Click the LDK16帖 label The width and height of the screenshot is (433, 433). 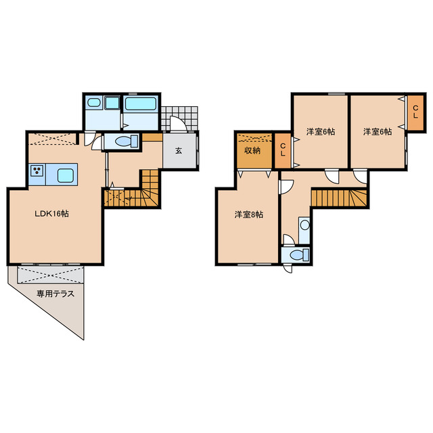click(51, 214)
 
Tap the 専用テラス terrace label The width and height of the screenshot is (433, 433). click(55, 294)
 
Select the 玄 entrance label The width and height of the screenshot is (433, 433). click(179, 151)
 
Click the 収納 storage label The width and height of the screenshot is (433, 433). click(252, 150)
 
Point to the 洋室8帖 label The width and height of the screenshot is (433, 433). click(249, 214)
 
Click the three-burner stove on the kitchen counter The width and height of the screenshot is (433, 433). click(37, 170)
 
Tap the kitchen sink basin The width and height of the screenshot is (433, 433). click(66, 175)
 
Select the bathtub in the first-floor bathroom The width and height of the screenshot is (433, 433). click(141, 104)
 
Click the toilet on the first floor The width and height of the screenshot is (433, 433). click(127, 141)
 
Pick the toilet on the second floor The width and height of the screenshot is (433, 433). click(300, 254)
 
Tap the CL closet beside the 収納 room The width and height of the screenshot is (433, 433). click(283, 151)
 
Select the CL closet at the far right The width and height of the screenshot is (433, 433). click(415, 113)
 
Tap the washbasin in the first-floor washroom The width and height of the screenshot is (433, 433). click(93, 103)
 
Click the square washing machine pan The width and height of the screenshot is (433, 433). click(112, 103)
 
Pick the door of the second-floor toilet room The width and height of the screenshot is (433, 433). click(289, 239)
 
